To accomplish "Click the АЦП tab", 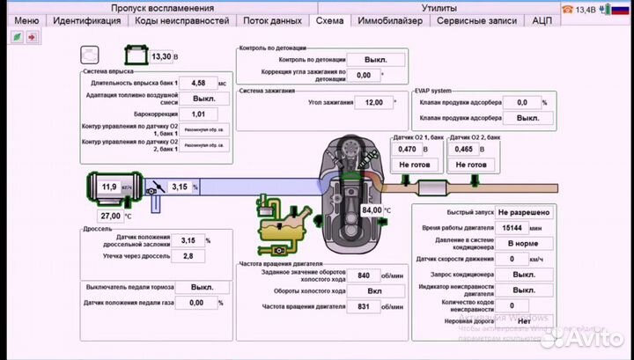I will click(542, 20).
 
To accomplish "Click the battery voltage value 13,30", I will click(161, 56).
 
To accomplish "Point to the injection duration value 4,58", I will click(198, 83).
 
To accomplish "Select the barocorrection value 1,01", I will click(198, 114).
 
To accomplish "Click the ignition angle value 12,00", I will click(374, 102).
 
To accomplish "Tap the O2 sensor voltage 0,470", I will click(408, 150).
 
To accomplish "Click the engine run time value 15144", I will click(512, 227).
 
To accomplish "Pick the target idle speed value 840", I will click(357, 276).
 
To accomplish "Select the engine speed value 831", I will click(357, 306).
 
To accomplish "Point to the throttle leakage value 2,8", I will click(188, 255).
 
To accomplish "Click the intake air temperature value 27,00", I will click(110, 216).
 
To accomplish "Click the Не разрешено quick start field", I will click(524, 212).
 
